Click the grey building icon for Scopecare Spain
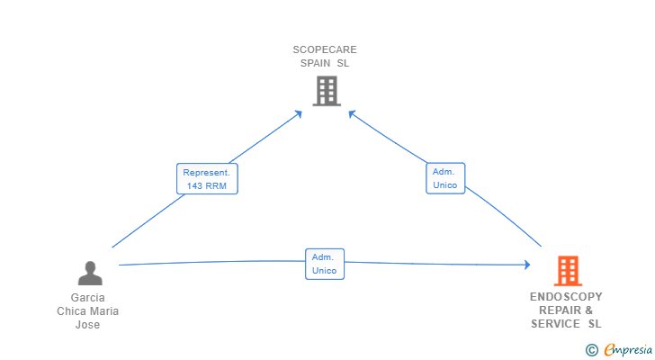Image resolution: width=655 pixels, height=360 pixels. [327, 91]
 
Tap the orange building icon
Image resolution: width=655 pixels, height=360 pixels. [568, 271]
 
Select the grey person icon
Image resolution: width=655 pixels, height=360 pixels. [90, 273]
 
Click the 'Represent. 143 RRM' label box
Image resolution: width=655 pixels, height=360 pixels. [207, 179]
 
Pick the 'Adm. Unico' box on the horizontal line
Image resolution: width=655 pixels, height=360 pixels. [325, 264]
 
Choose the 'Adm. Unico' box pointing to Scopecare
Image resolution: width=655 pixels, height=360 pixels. [445, 178]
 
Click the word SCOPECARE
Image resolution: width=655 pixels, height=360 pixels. [325, 49]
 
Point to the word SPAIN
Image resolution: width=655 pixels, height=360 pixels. [316, 63]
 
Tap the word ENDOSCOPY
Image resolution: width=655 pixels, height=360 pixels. [566, 296]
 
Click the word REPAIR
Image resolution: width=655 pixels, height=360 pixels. [560, 310]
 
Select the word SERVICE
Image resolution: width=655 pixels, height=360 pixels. [555, 324]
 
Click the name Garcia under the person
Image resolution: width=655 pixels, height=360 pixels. [88, 297]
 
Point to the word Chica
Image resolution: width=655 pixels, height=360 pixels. [70, 311]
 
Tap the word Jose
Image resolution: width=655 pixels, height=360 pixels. [88, 325]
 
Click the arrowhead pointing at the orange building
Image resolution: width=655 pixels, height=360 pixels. [527, 265]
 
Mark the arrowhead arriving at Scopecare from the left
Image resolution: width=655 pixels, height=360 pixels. [299, 114]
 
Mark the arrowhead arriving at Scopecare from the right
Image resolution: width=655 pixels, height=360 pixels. [352, 113]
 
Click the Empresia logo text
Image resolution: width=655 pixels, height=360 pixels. [628, 349]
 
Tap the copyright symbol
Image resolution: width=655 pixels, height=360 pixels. [591, 350]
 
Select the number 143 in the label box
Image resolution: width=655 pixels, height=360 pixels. [194, 185]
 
